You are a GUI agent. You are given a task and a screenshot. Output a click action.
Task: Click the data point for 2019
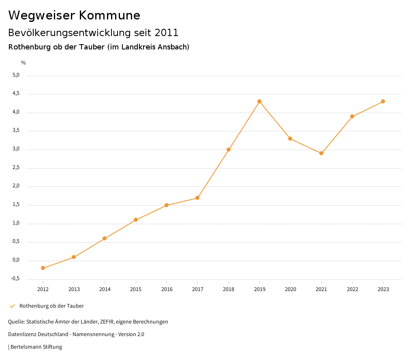(x=259, y=101)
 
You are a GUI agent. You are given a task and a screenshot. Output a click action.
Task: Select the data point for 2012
(x=43, y=268)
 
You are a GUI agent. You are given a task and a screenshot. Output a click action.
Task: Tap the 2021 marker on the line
(x=321, y=153)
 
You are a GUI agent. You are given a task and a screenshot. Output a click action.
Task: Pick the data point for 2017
(x=197, y=198)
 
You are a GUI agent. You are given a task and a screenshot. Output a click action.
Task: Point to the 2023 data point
(x=383, y=101)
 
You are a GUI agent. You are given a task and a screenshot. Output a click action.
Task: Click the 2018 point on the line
(x=229, y=150)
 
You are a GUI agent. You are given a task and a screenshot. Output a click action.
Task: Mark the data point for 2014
(x=105, y=238)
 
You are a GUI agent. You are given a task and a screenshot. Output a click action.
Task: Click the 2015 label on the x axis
(x=136, y=289)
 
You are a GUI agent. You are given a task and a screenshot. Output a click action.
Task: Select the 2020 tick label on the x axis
(x=290, y=289)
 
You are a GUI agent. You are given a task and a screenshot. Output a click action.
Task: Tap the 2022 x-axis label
(x=352, y=289)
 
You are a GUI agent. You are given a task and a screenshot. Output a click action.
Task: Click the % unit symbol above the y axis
(x=24, y=63)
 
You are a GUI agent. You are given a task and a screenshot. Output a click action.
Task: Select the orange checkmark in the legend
(x=12, y=306)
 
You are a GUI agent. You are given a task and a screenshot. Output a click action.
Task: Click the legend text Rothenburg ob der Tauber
(x=51, y=306)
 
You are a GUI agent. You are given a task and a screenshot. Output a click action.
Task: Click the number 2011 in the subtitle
(x=167, y=32)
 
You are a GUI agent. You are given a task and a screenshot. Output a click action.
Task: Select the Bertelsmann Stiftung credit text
(x=36, y=347)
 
